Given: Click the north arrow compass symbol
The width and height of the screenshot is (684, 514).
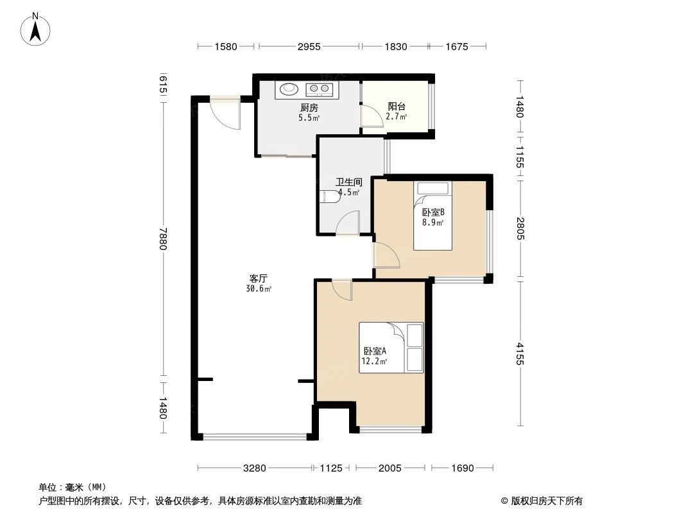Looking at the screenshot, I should click(x=36, y=28).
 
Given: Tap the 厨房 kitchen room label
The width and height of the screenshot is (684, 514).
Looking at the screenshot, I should click(x=309, y=107).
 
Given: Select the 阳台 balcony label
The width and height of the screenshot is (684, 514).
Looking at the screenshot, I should click(x=396, y=107).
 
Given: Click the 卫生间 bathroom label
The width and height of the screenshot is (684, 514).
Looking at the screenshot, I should click(x=348, y=182).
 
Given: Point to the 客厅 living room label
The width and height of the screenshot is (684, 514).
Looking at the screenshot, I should click(x=259, y=278).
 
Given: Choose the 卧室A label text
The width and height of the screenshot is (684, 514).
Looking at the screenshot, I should click(x=374, y=351).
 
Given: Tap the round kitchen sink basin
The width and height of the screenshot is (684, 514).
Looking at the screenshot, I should click(x=289, y=89).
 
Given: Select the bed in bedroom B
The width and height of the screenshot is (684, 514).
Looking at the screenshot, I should click(x=433, y=216).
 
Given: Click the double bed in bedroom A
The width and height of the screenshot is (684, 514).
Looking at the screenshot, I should click(x=391, y=347).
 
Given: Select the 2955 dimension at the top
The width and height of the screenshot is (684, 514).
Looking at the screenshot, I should click(x=309, y=46).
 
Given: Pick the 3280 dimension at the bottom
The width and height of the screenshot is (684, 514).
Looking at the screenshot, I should click(x=254, y=468).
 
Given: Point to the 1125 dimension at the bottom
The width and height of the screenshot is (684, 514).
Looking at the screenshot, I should click(x=332, y=468).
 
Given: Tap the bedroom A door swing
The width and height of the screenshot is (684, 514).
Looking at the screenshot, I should click(x=342, y=290).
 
